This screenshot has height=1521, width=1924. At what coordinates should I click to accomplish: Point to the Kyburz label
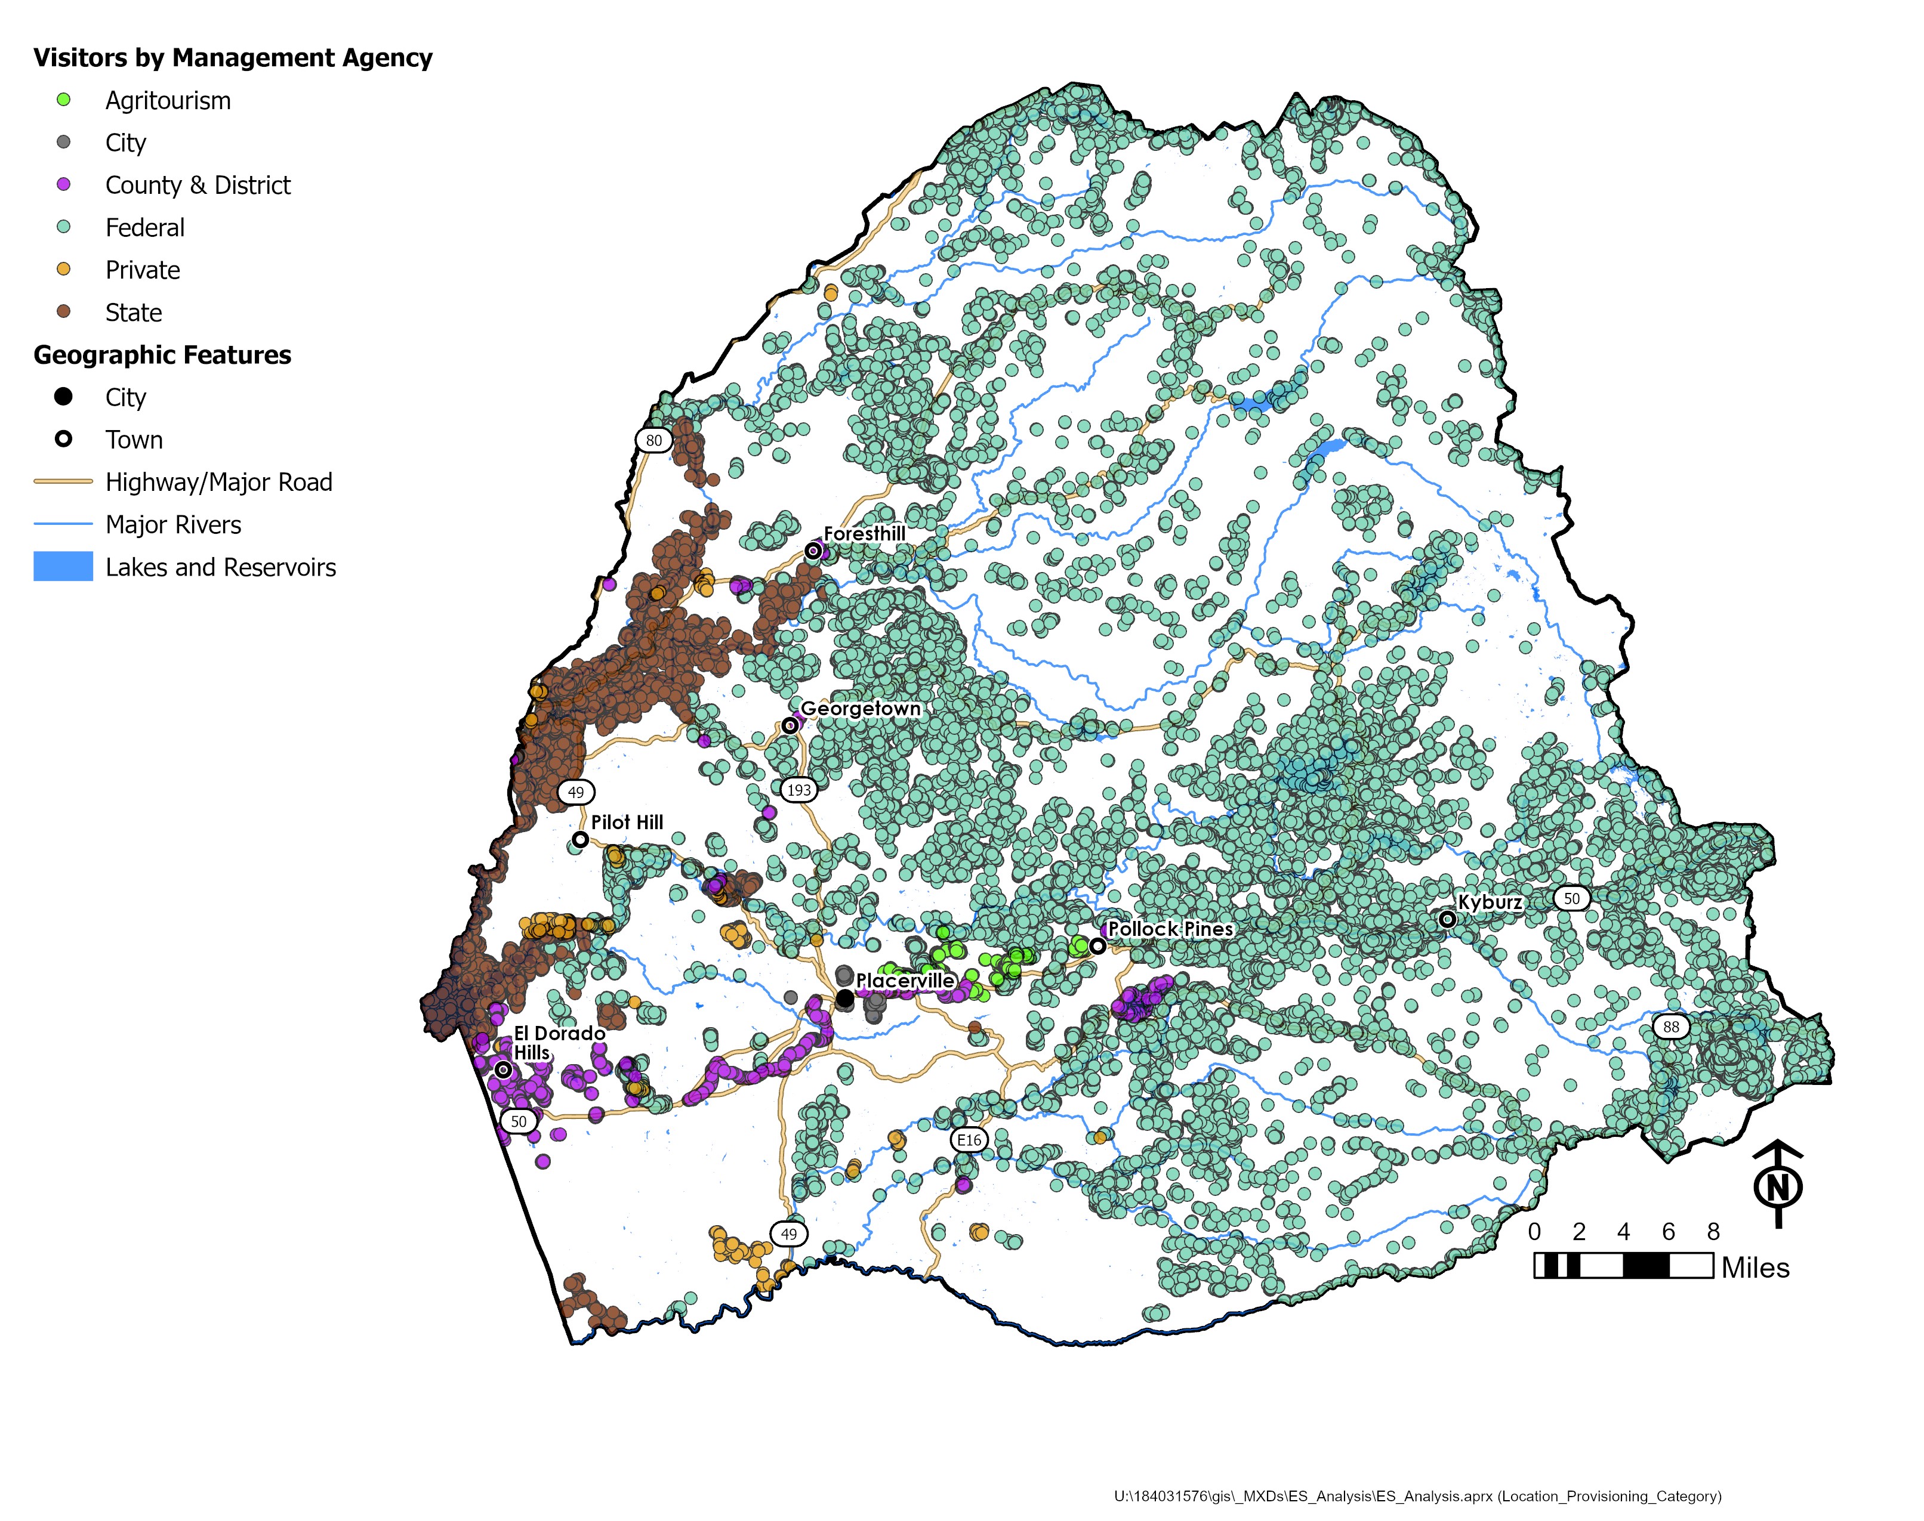1490,902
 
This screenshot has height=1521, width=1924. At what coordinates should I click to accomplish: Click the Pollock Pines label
1170,929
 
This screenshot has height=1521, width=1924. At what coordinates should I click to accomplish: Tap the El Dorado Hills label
559,1043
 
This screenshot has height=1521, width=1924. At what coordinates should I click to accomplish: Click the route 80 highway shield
654,440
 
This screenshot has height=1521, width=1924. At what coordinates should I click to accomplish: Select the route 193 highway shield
798,789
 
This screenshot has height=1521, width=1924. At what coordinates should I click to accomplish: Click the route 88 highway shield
1671,1027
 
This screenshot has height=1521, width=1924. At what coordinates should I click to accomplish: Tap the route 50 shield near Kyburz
1571,898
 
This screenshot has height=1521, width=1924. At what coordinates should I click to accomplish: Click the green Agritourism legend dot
63,100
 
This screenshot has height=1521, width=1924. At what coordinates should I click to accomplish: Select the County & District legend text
198,186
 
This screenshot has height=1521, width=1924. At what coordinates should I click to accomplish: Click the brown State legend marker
63,312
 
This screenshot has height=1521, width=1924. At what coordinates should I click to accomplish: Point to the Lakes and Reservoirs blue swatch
63,567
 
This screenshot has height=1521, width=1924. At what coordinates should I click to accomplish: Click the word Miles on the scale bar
1755,1268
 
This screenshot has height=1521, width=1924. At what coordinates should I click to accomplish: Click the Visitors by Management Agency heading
233,58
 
